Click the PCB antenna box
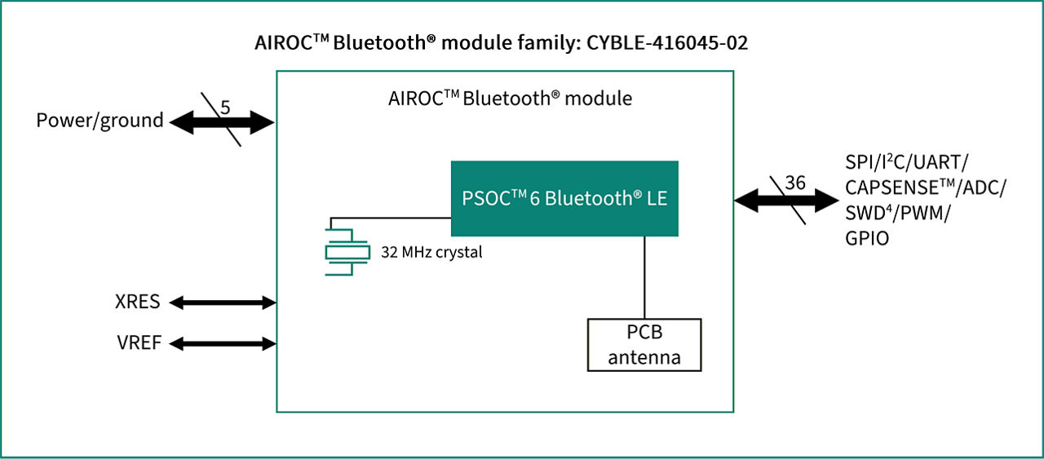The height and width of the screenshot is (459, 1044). tap(644, 345)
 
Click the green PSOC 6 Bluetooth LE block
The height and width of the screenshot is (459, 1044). tap(564, 198)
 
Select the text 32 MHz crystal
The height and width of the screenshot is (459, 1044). tap(431, 252)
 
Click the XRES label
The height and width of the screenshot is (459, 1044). tap(138, 302)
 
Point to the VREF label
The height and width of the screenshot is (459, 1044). tap(139, 344)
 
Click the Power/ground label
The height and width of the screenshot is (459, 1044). tap(100, 121)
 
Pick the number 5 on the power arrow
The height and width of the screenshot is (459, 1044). tap(226, 107)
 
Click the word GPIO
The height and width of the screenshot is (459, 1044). tap(867, 238)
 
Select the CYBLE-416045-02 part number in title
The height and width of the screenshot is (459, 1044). tap(666, 43)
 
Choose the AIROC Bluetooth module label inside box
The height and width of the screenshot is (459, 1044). tap(510, 99)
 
